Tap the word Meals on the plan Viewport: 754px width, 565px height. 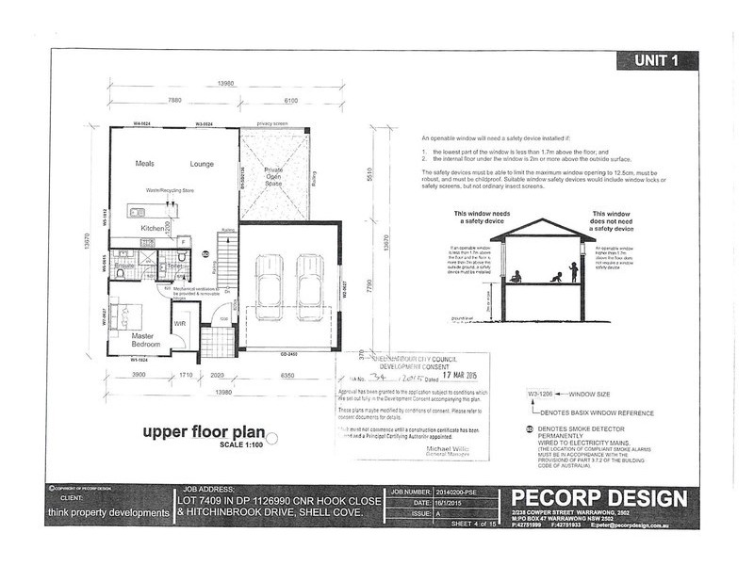pos(144,163)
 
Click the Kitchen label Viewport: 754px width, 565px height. pos(153,229)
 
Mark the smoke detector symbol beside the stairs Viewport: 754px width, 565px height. pos(205,253)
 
